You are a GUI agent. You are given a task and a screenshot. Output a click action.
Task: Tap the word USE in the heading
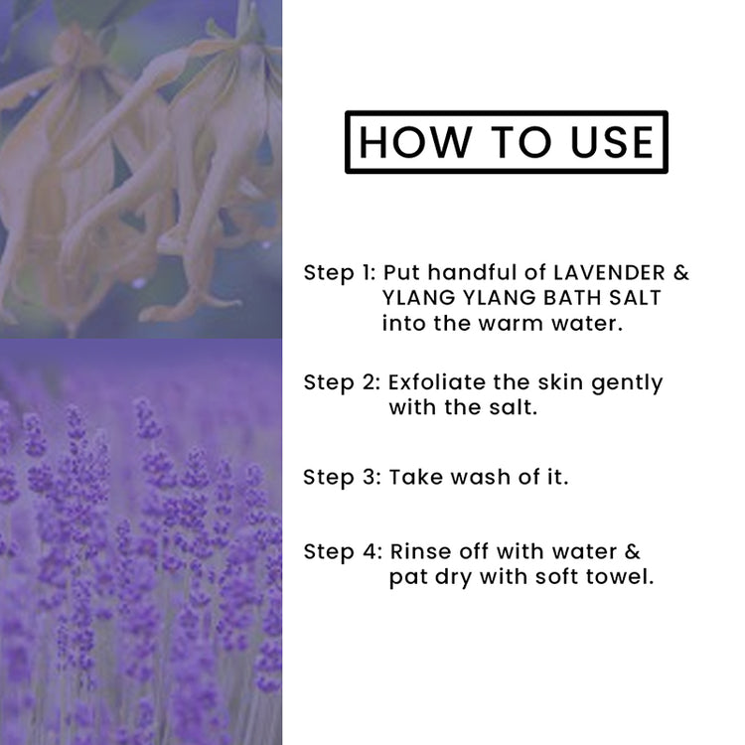pos(612,142)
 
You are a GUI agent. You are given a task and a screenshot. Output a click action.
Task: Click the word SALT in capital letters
pos(635,298)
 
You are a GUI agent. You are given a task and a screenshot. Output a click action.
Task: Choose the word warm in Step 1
pos(511,324)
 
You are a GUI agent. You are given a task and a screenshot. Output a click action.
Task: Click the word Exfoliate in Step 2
pos(437,382)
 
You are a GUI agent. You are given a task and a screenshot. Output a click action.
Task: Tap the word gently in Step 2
pos(627,383)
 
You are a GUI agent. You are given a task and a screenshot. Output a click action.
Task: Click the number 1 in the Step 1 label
pos(367,273)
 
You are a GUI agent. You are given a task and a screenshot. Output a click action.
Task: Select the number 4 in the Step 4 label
pos(371,551)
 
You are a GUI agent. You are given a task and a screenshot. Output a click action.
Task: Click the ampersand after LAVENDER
pos(681,273)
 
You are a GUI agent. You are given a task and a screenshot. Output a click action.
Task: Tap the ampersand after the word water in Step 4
pos(633,551)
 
